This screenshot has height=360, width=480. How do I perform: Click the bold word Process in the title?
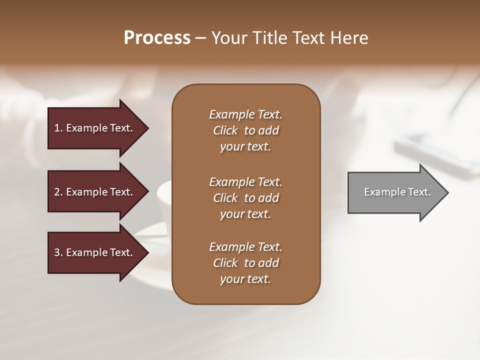(x=157, y=38)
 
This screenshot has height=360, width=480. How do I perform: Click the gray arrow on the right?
(x=395, y=192)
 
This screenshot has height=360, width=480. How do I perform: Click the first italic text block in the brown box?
(x=245, y=130)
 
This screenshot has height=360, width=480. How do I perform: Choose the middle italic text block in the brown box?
(x=245, y=198)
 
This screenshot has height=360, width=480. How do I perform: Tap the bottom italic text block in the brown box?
(x=245, y=263)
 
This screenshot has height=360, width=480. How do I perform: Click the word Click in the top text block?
(x=225, y=130)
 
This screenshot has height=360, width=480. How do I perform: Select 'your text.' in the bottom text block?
(x=245, y=279)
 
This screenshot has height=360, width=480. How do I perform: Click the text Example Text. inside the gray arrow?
(x=397, y=192)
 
